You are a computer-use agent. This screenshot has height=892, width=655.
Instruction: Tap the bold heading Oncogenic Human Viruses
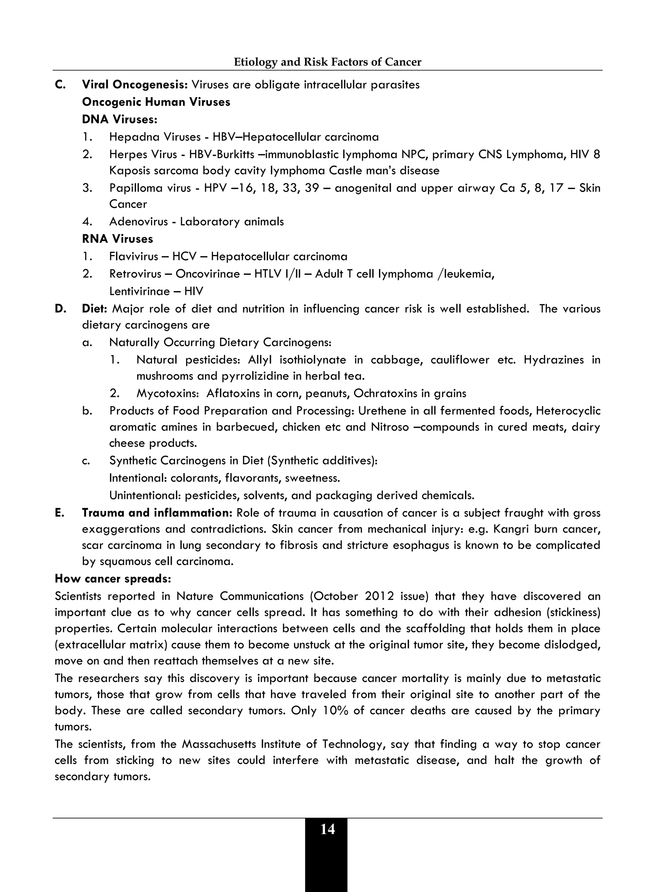pos(156,102)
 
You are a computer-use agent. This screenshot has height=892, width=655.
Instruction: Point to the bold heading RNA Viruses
pos(117,239)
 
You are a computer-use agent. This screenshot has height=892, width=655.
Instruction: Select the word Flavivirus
pos(134,256)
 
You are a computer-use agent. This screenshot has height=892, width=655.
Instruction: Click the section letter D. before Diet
pos(60,308)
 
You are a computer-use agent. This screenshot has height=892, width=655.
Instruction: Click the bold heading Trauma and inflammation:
pos(157,513)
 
